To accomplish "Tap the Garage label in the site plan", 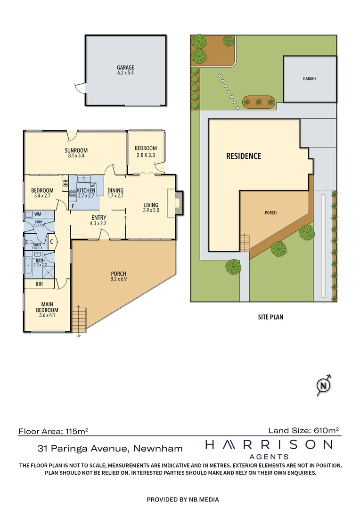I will (310, 79).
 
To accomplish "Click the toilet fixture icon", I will (28, 243).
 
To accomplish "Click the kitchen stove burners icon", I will (73, 193).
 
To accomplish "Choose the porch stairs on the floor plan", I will (79, 319).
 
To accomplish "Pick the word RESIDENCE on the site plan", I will (244, 156).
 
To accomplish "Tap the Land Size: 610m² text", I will (303, 430).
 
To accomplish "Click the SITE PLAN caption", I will (270, 317).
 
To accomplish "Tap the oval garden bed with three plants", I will (259, 101).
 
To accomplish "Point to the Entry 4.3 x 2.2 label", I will (98, 221).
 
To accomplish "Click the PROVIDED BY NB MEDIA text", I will (183, 499).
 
